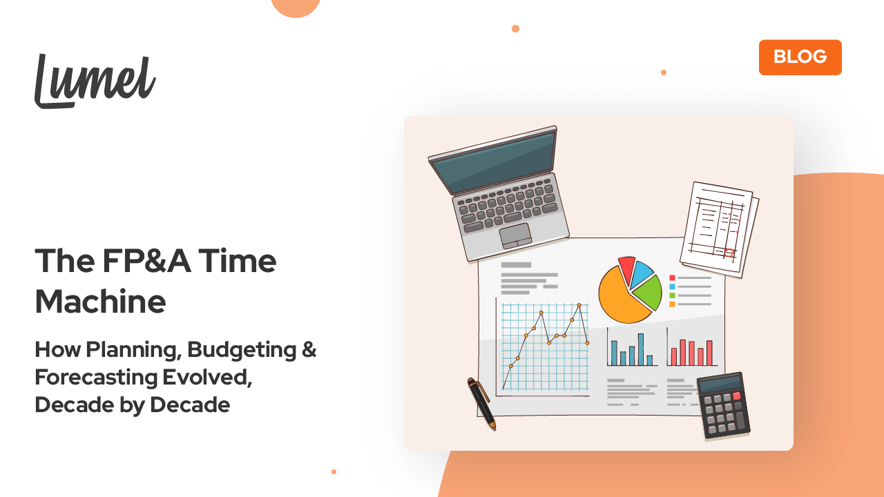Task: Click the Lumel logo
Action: pos(95,81)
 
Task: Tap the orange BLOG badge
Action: pos(800,57)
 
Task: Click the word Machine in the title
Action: pos(100,302)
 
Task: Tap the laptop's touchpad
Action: pos(515,235)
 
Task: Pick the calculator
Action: pos(723,405)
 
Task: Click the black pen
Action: pos(481,403)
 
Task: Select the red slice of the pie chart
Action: pos(626,269)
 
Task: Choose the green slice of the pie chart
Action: pos(648,293)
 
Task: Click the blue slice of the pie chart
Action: pos(642,272)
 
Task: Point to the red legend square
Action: pos(672,278)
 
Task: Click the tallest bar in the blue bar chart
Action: pos(641,349)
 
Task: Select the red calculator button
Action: pos(736,396)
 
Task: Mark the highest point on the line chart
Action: pos(579,304)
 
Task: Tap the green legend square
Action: pos(672,295)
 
